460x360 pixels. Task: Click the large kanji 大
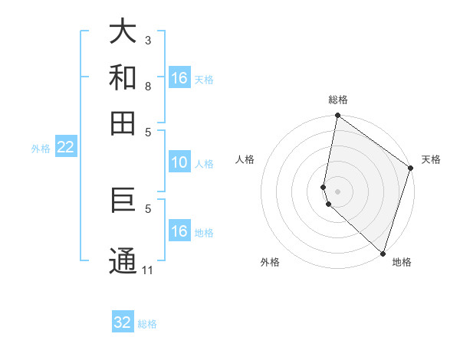tap(123, 31)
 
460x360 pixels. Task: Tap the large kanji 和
tap(123, 77)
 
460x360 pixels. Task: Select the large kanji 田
tap(123, 123)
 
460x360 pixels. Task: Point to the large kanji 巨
tap(123, 204)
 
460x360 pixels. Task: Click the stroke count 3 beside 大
tap(148, 40)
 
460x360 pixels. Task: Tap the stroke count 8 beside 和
tap(148, 86)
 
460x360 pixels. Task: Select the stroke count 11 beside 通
tap(148, 270)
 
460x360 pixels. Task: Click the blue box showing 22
tap(65, 148)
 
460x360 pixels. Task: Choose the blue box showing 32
tap(123, 322)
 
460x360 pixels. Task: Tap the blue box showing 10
tap(179, 162)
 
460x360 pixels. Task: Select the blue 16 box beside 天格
tap(179, 78)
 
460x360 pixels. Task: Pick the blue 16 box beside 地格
tap(179, 231)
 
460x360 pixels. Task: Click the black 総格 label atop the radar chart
tap(338, 100)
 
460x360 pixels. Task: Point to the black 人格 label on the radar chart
tap(245, 159)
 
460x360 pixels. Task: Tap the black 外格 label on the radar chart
tap(270, 262)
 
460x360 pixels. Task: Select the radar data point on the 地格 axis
tap(383, 253)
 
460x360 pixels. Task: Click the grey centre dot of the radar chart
tap(338, 191)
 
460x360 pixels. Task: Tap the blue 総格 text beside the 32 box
tap(147, 324)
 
